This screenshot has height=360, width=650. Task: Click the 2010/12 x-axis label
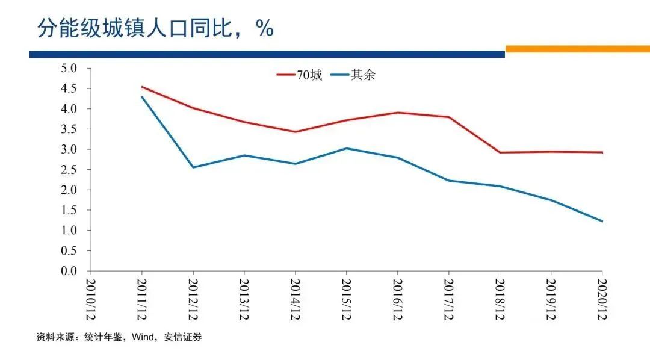coord(90,299)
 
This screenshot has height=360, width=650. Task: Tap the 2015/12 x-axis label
coord(346,299)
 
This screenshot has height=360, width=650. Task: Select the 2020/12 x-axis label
coord(602,299)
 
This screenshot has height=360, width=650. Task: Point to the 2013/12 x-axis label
coord(244,299)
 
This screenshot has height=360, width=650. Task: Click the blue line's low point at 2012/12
coord(193,167)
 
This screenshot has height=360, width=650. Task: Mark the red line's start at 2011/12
coord(141,87)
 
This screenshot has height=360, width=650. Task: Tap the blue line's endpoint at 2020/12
coord(602,221)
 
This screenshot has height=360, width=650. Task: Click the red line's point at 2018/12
coord(500,152)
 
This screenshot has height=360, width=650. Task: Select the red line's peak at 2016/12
coord(397,113)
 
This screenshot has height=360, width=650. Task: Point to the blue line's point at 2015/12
coord(346,148)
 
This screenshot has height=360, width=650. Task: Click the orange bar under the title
coord(577,49)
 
